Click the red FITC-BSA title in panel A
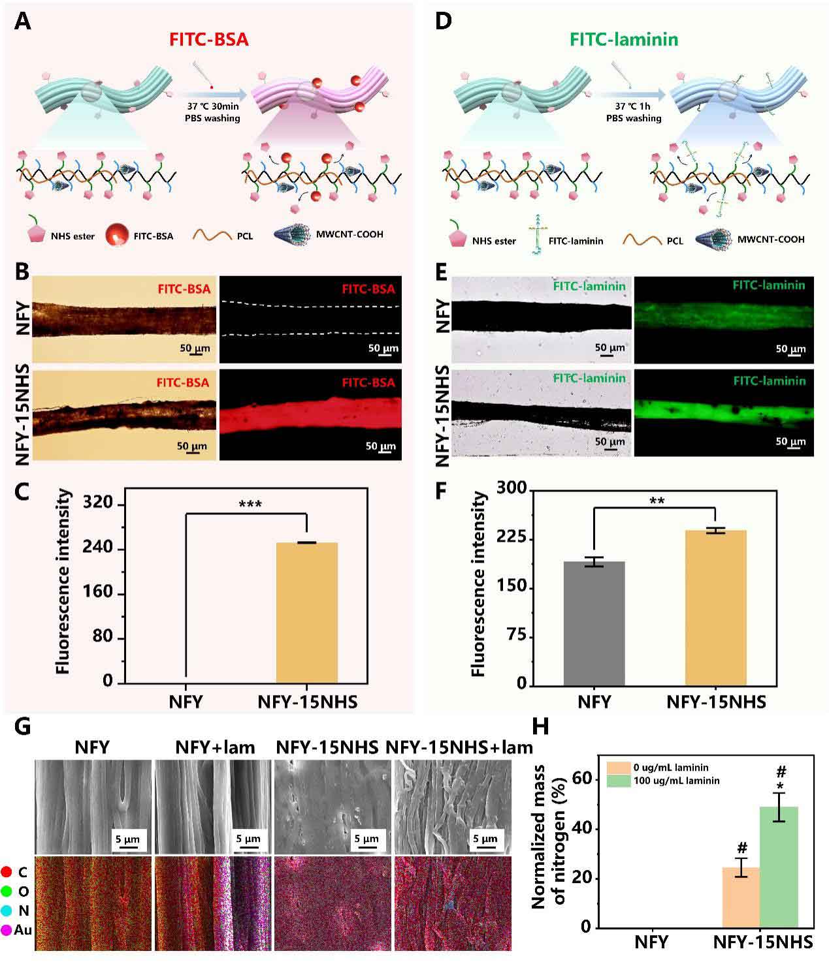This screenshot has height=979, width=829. [x=209, y=39]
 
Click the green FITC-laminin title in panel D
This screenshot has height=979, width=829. [x=624, y=39]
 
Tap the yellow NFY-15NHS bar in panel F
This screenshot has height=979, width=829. [x=715, y=607]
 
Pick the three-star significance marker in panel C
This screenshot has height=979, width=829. [x=250, y=505]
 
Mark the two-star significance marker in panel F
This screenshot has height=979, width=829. [x=657, y=501]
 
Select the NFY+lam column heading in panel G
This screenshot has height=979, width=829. [x=215, y=747]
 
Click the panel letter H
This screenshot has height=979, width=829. [x=541, y=726]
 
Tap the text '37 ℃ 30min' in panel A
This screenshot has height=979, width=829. [x=212, y=107]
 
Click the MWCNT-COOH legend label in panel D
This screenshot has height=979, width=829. [x=771, y=240]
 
